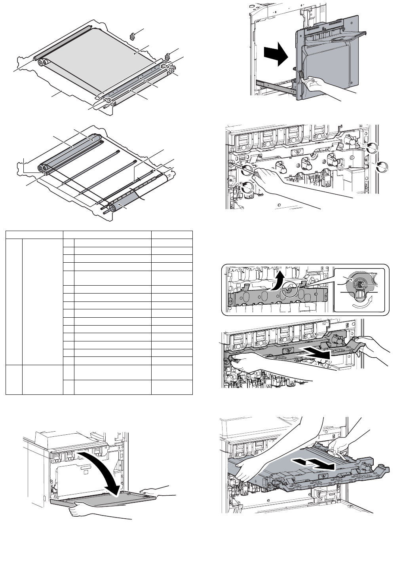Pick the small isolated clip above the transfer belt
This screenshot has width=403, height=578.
(x=132, y=36)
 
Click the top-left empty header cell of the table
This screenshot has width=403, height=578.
(x=34, y=234)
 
